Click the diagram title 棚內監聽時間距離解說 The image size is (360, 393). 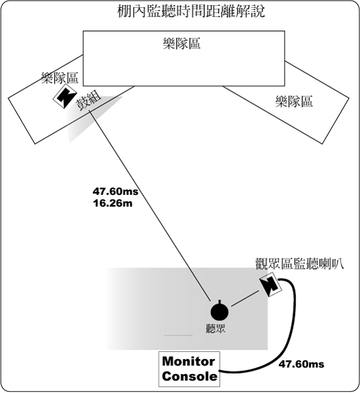191,12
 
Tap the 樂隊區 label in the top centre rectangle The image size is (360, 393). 181,44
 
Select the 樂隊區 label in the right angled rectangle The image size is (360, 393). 294,101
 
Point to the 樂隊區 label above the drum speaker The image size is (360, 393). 60,78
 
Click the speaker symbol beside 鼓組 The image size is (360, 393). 65,96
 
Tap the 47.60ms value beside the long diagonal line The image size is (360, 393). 115,192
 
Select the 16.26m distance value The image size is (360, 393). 113,203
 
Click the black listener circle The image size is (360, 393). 219,312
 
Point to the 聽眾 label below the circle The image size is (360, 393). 216,328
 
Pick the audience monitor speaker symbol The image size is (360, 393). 271,285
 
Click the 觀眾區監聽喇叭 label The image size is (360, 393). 299,264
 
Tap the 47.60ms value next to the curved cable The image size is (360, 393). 301,364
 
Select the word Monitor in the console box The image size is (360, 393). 189,362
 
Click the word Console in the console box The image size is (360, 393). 189,377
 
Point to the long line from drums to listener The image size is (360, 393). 151,205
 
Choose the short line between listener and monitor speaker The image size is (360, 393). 245,298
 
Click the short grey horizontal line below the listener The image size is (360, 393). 179,335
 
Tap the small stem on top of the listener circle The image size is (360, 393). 219,301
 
